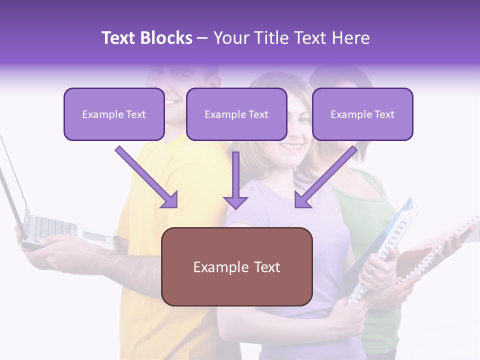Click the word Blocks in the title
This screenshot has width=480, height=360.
click(167, 38)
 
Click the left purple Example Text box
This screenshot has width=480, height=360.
click(114, 114)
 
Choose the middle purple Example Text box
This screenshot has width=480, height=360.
click(236, 114)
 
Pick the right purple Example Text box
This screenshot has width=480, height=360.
click(362, 114)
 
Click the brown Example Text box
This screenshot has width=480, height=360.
click(236, 267)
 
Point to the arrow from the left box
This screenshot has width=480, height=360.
click(147, 177)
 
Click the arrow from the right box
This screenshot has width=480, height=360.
click(325, 177)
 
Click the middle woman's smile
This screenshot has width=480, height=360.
click(291, 146)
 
